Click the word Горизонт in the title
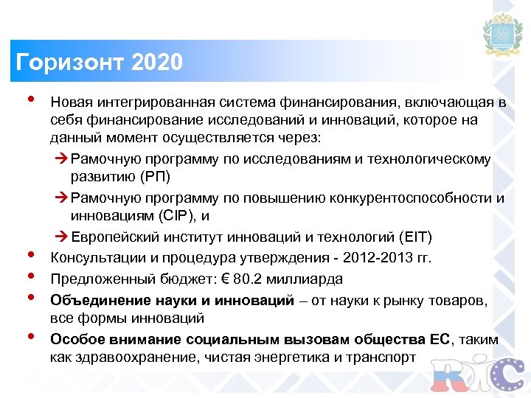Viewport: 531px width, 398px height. coord(63,61)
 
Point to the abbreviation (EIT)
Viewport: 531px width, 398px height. coord(416,237)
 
